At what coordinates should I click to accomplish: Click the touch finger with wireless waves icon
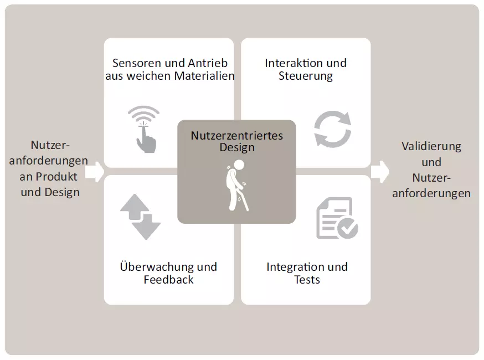144,130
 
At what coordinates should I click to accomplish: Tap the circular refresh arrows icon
332,128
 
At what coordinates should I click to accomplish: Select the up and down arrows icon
141,217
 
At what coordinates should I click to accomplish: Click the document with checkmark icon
337,218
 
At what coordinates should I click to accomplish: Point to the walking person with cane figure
237,185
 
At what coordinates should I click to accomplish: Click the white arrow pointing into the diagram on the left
95,172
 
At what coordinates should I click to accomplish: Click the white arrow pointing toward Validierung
380,172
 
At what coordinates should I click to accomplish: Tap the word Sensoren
137,63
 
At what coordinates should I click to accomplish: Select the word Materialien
204,76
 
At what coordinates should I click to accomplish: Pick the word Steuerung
306,76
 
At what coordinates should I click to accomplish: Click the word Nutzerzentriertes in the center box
237,136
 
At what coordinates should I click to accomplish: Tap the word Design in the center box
237,147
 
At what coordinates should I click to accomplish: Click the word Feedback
168,280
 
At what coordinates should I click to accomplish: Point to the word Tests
307,280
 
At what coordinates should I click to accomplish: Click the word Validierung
431,146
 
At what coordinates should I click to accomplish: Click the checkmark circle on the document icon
348,228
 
